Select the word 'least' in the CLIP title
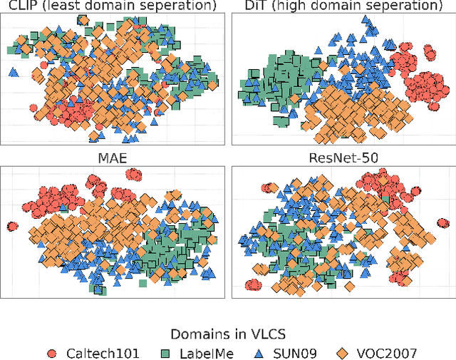click(x=64, y=6)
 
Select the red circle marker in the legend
click(x=51, y=352)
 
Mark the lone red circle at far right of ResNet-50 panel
click(x=445, y=223)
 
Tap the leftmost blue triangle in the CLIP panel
click(x=13, y=72)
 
